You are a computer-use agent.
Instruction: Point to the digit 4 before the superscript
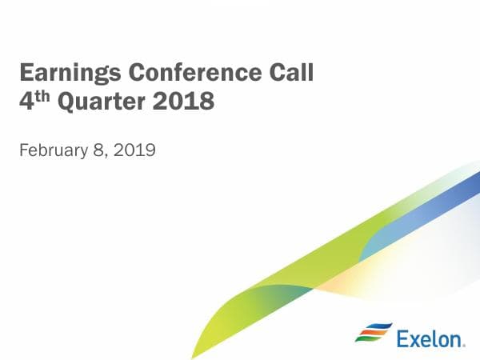point(25,102)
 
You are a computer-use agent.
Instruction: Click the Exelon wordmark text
point(430,338)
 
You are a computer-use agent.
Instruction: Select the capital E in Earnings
point(26,74)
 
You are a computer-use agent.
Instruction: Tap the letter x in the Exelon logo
point(414,340)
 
